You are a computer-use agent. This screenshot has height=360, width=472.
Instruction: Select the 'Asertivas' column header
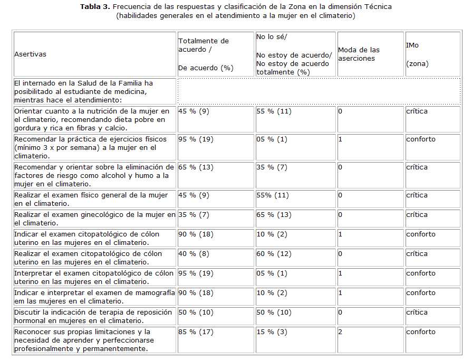[30, 54]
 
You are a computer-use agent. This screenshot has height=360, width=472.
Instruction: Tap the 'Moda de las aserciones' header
[359, 54]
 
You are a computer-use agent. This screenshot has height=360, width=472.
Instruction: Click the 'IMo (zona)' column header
[417, 54]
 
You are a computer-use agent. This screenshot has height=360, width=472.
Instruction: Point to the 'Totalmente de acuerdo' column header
[204, 54]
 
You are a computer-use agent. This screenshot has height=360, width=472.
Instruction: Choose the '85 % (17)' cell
[196, 332]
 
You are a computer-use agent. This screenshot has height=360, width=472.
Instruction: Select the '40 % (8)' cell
[194, 254]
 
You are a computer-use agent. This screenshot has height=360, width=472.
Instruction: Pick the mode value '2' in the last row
[341, 332]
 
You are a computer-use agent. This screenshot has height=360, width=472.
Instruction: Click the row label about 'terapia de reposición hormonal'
[94, 316]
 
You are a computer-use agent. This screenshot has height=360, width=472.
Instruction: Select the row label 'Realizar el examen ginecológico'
[94, 219]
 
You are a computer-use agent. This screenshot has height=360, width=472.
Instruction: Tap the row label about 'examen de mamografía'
[94, 297]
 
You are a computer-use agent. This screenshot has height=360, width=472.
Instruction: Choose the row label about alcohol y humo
[93, 175]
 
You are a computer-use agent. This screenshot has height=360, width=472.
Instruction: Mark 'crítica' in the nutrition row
[417, 111]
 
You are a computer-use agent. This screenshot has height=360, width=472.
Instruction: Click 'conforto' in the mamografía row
[420, 293]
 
